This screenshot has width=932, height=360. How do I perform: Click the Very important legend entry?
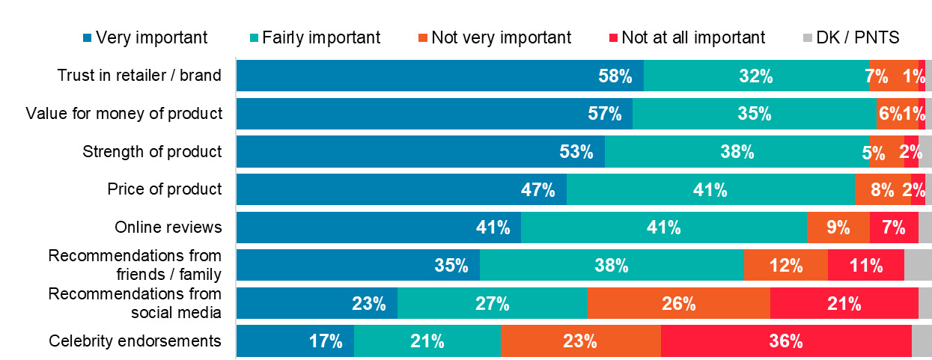coord(146,37)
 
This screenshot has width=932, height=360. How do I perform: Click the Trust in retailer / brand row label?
coord(139,76)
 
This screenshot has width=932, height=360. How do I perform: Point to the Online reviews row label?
coord(168,228)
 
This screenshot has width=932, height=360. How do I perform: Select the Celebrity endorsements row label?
coord(135,341)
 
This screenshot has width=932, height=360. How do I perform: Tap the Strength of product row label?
coord(152,151)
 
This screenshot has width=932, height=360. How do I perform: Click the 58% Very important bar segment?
coord(440,76)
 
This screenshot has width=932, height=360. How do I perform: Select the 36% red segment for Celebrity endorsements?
coord(786,341)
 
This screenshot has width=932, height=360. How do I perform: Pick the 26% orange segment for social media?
coord(679,303)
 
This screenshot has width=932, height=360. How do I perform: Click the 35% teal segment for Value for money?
coord(755,114)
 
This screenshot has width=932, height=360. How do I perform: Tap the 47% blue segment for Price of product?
coord(401,189)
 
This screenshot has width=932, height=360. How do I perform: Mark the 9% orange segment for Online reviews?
coord(838,228)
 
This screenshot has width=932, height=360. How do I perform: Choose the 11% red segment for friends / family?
coord(866,266)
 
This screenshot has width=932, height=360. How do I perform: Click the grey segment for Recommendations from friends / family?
coord(918,266)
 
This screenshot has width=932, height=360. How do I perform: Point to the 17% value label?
coord(326,341)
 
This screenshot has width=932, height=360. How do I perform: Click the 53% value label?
coord(576,152)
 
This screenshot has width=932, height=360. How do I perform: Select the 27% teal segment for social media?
coord(493,303)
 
